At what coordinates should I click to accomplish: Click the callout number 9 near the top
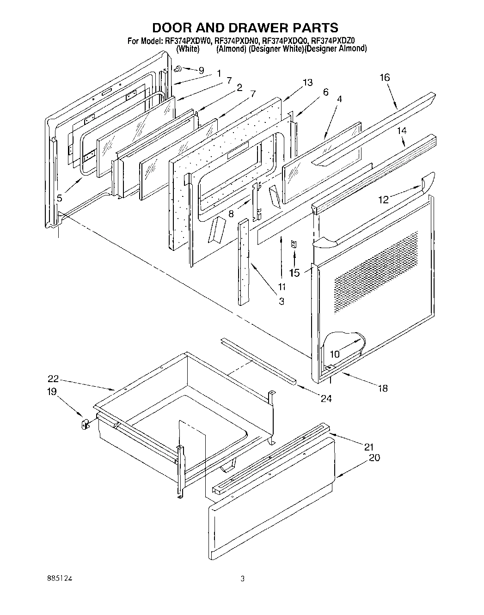[201, 71]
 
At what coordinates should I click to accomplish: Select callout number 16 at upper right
[385, 78]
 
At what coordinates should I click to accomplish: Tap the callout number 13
[307, 82]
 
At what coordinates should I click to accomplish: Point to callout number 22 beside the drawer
[53, 379]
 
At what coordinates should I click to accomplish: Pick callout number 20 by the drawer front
[374, 457]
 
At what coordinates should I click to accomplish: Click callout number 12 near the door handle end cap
[383, 200]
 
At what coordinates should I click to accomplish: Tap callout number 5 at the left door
[59, 198]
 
